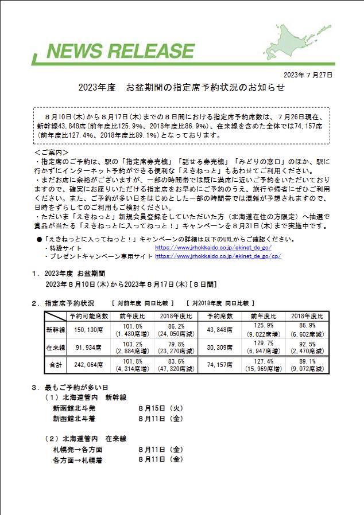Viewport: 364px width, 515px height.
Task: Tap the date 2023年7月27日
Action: click(308, 75)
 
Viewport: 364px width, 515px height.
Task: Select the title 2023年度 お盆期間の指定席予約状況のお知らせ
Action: click(181, 88)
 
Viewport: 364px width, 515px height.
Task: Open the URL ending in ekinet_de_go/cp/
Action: click(218, 256)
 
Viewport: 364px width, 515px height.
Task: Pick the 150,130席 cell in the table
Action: click(84, 330)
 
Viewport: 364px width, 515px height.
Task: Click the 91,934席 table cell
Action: click(84, 348)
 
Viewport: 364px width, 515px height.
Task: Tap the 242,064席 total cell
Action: click(84, 365)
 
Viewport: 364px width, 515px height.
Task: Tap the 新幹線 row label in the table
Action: click(56, 330)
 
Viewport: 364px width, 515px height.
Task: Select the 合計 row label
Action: click(56, 365)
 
